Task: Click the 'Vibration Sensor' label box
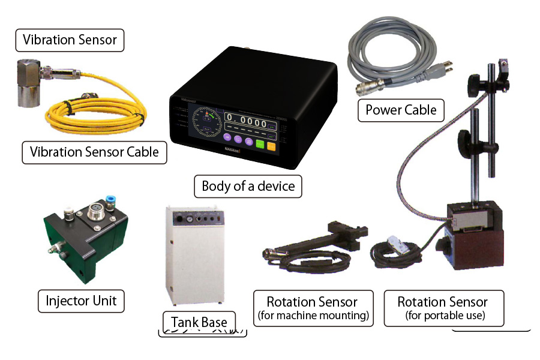click(70, 40)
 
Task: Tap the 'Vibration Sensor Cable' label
click(94, 152)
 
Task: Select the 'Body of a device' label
click(248, 186)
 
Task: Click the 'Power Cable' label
click(401, 110)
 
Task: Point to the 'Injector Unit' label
click(82, 300)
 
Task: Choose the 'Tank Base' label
click(199, 322)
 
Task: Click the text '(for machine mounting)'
click(312, 316)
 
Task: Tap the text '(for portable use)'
click(444, 316)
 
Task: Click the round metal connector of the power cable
click(365, 89)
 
